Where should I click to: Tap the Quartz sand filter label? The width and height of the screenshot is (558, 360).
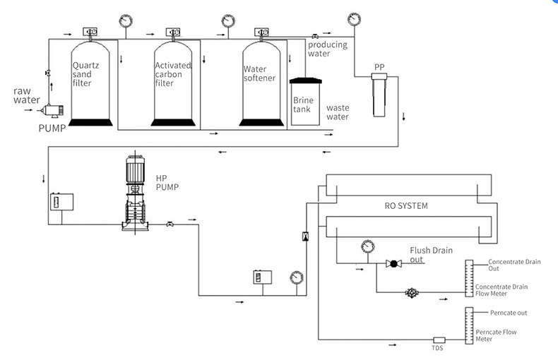pos(85,74)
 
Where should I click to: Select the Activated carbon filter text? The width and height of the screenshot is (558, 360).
pos(173,74)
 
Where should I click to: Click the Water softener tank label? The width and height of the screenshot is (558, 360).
pos(259,73)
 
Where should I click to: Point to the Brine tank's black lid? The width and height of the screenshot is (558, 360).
pos(305,80)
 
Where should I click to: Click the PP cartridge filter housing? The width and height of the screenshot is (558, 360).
pos(379,95)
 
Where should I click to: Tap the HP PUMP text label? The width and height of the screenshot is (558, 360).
pos(167,183)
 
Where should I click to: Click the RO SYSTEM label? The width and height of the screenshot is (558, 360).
pos(406,206)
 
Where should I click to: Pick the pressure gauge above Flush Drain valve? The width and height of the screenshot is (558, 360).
pos(367,246)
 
